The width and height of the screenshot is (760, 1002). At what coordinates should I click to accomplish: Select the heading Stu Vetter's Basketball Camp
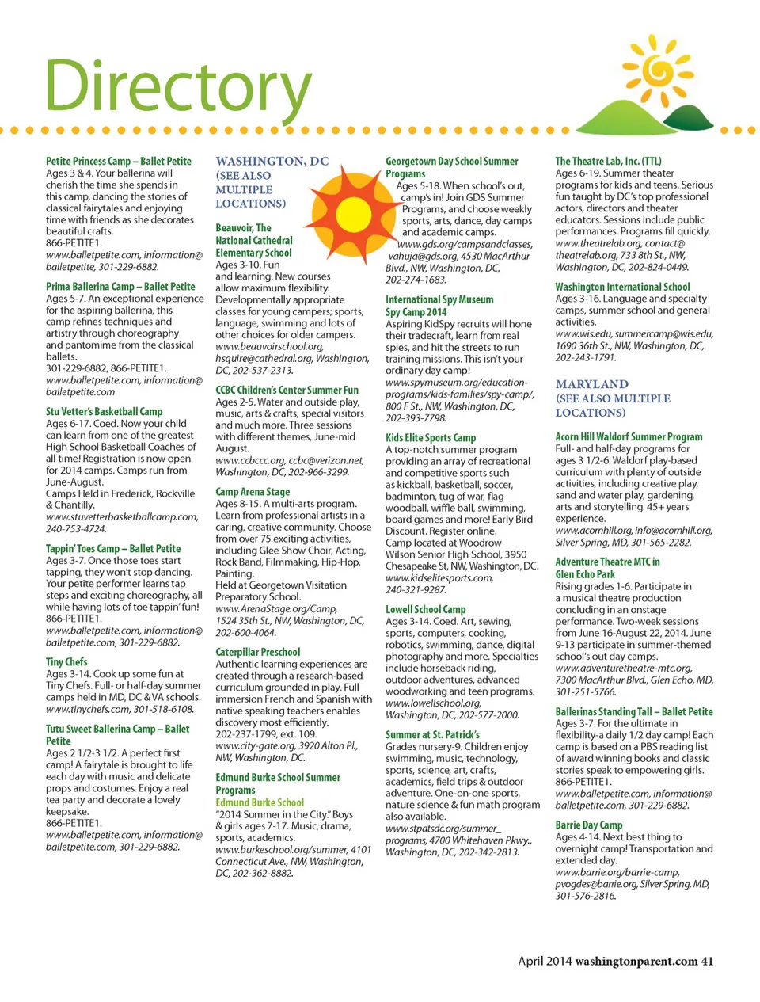[x=104, y=411]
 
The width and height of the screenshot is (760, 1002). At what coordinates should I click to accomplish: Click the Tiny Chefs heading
[x=66, y=661]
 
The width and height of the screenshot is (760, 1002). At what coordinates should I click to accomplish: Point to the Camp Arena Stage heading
[x=253, y=491]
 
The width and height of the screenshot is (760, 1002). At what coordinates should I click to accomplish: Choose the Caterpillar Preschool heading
[x=258, y=652]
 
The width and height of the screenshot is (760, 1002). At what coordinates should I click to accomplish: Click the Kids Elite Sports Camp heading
[x=431, y=437]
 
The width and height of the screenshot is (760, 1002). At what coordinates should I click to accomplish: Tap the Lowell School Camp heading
[x=425, y=609]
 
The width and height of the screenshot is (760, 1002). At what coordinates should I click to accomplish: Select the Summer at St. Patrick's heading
[x=432, y=734]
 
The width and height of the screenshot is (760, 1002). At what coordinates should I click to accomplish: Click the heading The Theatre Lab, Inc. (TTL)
[x=608, y=161]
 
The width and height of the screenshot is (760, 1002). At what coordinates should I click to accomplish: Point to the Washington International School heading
[x=622, y=287]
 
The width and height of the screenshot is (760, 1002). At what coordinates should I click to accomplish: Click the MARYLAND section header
[x=591, y=384]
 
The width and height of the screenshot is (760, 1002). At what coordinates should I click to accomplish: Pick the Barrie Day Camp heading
[x=588, y=825]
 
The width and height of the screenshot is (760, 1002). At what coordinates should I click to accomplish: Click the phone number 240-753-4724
[x=75, y=528]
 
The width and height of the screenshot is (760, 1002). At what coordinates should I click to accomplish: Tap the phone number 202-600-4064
[x=245, y=632]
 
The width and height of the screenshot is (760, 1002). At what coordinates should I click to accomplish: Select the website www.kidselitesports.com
[x=439, y=577]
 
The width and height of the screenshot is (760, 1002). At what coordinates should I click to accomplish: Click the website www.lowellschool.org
[x=433, y=703]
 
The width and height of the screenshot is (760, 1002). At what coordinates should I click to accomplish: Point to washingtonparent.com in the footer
[x=636, y=961]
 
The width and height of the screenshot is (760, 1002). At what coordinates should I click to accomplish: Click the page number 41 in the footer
[x=707, y=961]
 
